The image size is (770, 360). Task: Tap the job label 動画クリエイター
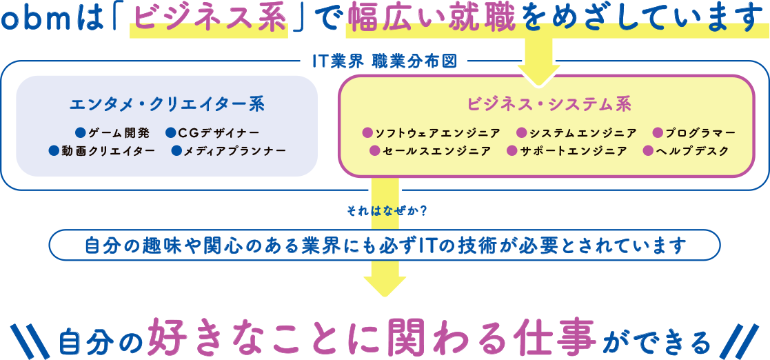coord(108,150)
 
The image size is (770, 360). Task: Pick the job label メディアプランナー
coord(234,150)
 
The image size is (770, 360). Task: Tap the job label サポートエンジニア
coord(574,150)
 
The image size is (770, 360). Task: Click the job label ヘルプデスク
coord(693,150)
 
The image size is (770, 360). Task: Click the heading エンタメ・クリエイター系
coord(167,104)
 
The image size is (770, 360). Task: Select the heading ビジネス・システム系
coord(549,104)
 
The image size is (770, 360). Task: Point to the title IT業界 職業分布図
coord(384,61)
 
